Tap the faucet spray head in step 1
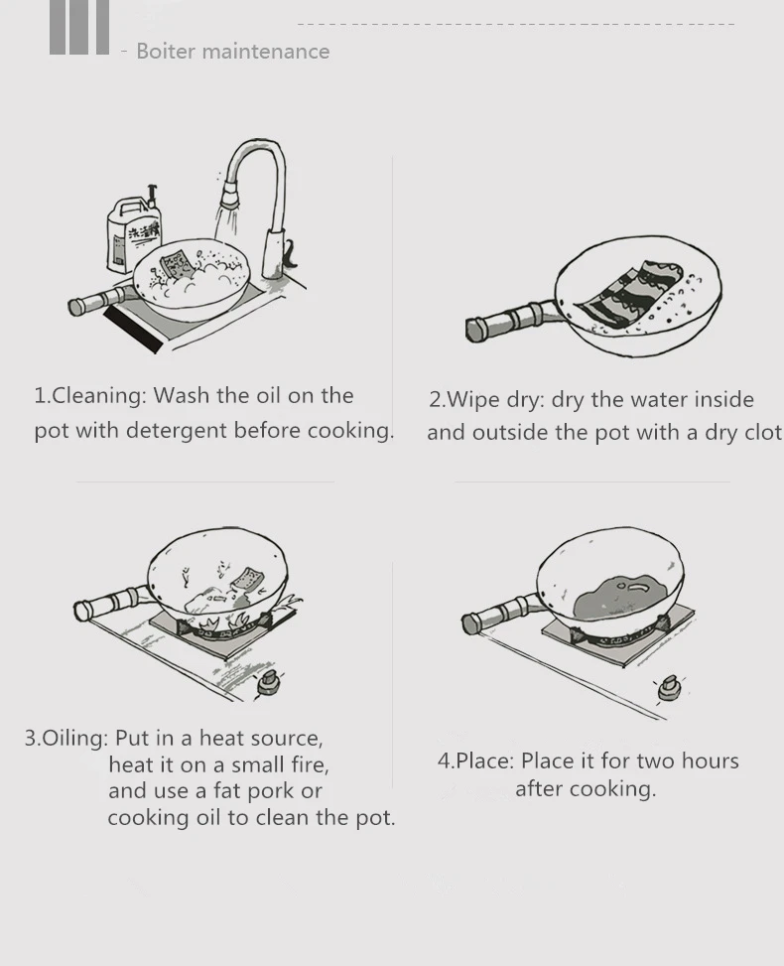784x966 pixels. coord(228,193)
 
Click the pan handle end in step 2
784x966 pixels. coord(475,329)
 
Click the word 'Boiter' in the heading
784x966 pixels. coord(165,52)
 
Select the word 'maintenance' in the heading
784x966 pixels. coord(265,52)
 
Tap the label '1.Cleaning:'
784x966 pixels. coord(90,395)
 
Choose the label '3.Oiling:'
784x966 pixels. coord(66,738)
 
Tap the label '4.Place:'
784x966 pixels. coord(475,760)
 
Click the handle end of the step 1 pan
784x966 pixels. coord(75,307)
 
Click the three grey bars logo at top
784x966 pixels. coord(78,27)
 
